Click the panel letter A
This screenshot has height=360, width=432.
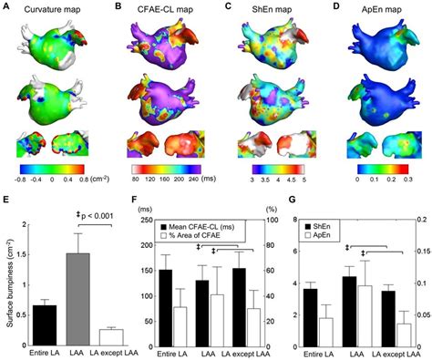click(8, 7)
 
